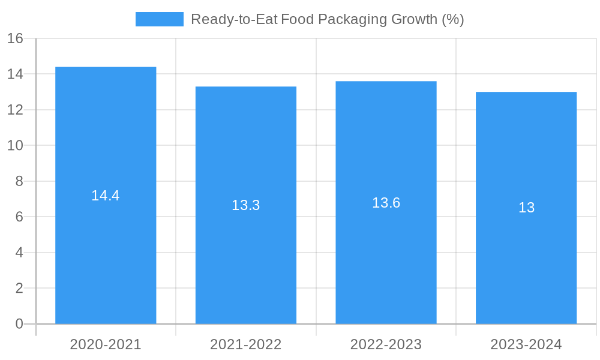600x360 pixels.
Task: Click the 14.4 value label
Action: [x=106, y=196]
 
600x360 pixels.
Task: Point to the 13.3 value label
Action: [x=246, y=205]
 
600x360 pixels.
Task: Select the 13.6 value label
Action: [x=386, y=203]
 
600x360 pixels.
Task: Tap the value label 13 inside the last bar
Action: [x=526, y=208]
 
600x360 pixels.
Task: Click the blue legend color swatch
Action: [x=159, y=19]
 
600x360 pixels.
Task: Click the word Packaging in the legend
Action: [x=347, y=19]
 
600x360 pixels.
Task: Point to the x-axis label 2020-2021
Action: [x=106, y=344]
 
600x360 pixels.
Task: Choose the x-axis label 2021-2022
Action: [x=246, y=344]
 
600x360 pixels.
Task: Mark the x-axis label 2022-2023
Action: [x=386, y=344]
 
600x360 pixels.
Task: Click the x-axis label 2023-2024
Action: [x=526, y=344]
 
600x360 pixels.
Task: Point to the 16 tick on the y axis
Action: [x=15, y=38]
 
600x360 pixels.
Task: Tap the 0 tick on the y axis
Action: [x=19, y=324]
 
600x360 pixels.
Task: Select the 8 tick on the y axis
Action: [x=19, y=181]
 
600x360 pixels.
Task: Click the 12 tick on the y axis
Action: [x=15, y=110]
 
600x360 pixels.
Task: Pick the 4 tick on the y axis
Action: [x=19, y=253]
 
